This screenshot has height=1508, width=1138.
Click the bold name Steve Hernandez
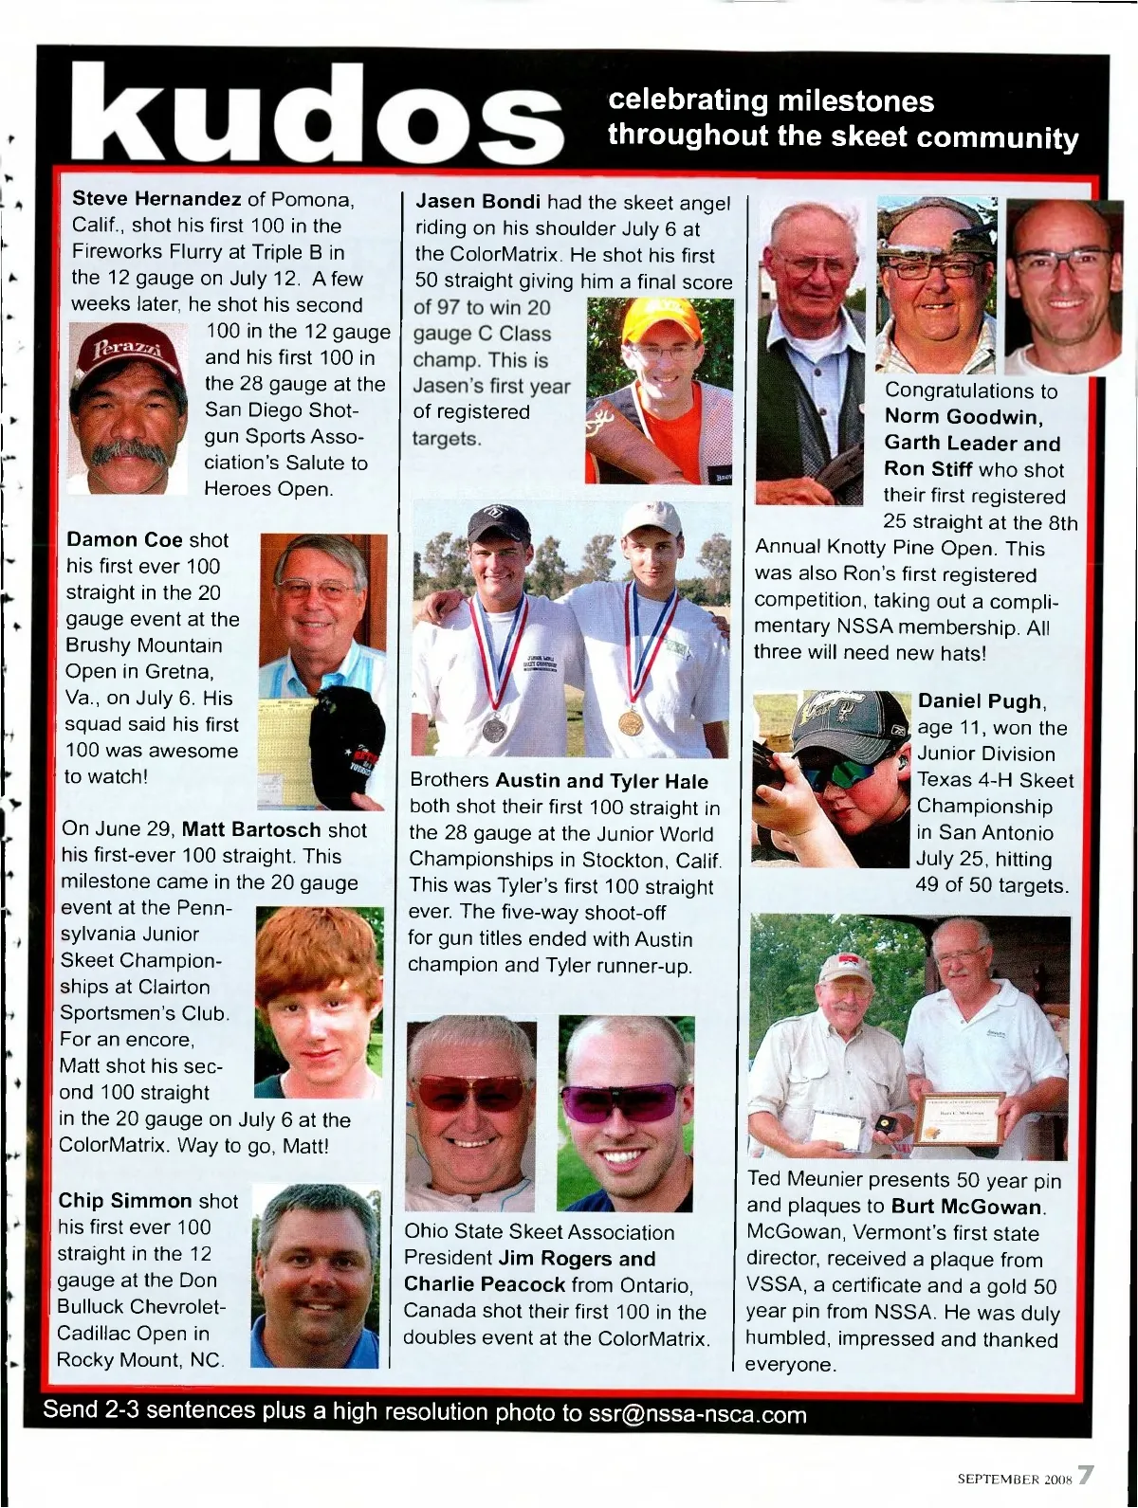pos(156,200)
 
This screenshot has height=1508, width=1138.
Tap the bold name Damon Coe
pos(124,540)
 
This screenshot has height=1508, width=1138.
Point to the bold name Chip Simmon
pos(125,1201)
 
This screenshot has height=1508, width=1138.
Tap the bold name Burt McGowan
pos(966,1208)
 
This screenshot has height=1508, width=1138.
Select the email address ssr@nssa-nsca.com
pos(697,1414)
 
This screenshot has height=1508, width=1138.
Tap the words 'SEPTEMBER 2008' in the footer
pos(1014,1478)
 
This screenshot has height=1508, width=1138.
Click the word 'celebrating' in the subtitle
pos(687,100)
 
